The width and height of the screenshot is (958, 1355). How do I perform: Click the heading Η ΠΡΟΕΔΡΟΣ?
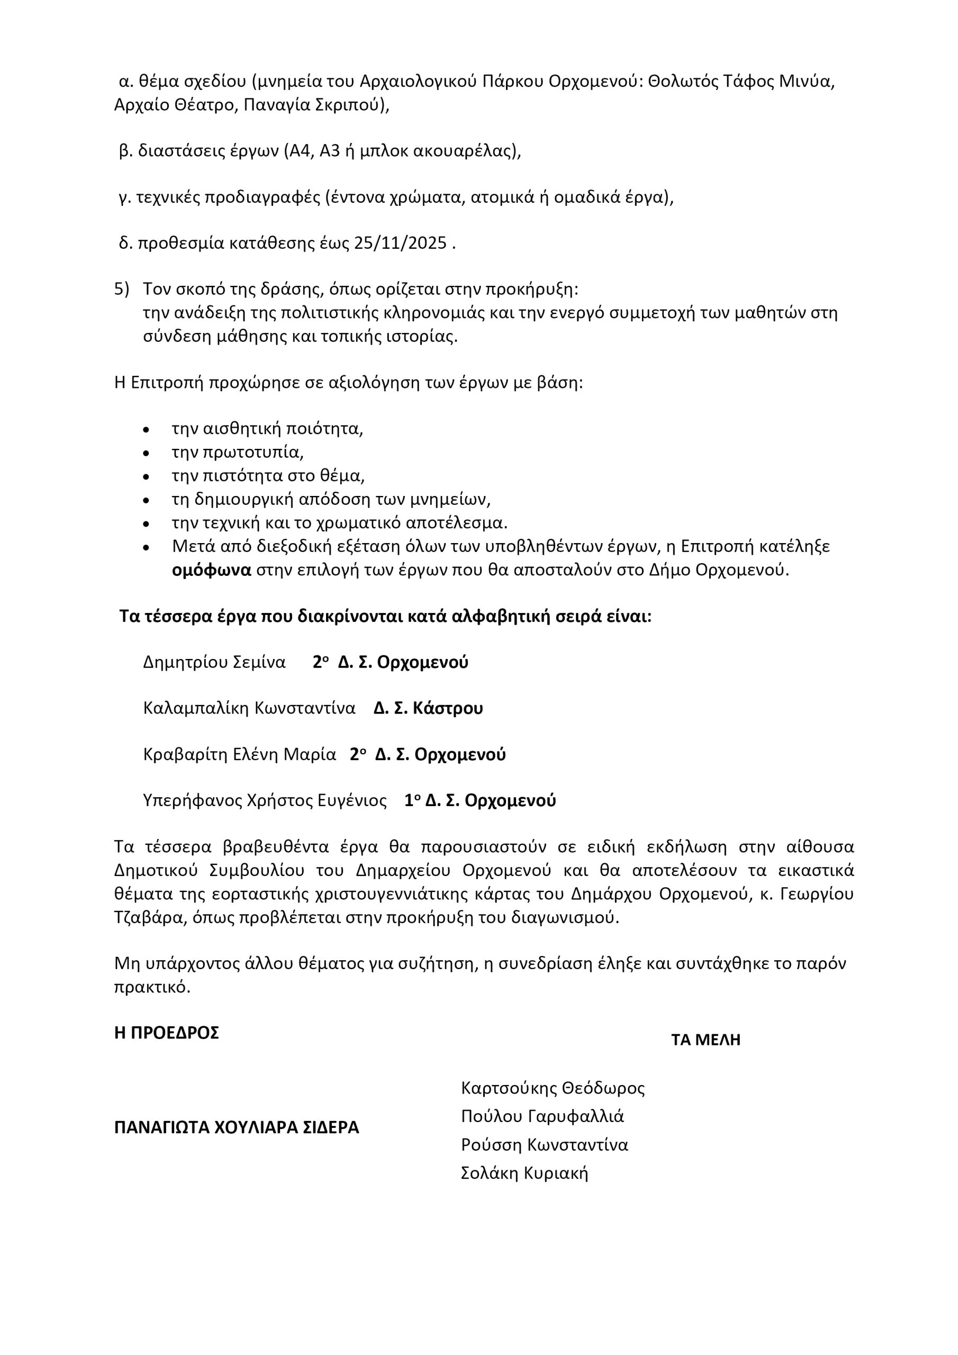coord(166,1033)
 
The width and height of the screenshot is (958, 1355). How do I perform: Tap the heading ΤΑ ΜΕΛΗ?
coord(706,1041)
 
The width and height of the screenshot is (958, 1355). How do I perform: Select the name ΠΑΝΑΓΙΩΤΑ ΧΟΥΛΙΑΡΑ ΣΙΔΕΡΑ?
coord(237,1128)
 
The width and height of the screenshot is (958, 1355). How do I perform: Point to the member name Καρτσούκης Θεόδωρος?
coord(553,1088)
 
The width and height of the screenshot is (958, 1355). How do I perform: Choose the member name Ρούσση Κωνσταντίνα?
coord(544,1145)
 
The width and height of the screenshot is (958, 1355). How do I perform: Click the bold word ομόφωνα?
coord(211,571)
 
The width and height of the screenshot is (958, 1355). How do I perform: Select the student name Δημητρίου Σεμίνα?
coord(214,662)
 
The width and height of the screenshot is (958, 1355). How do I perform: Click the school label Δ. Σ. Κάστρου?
coord(428,708)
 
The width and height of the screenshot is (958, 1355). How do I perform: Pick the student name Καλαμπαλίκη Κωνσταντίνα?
coord(249,708)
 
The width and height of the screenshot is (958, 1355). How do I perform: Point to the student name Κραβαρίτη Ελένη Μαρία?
coord(240,755)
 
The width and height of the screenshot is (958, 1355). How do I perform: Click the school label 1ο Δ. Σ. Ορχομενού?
coord(480,801)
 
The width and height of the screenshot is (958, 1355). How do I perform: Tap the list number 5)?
coord(122,289)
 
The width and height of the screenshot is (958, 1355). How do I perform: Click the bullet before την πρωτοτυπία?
coord(147,453)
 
